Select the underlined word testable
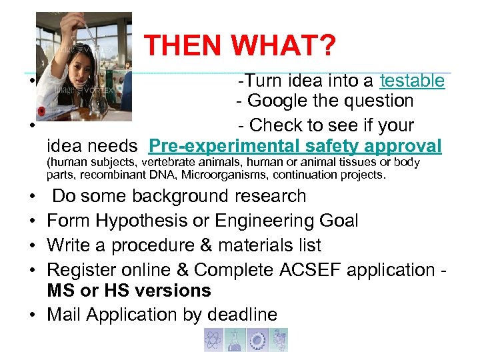[x=411, y=81]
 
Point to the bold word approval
[x=407, y=146]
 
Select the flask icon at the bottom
[x=235, y=339]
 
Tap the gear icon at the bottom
[x=256, y=339]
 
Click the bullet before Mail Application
[x=32, y=315]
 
